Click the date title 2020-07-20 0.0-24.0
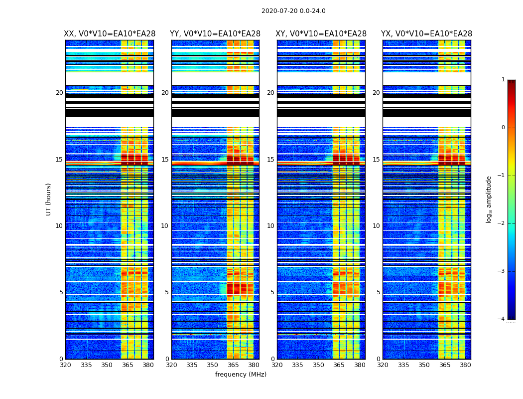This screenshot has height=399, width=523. tap(293, 11)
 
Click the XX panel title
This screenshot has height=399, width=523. tap(110, 34)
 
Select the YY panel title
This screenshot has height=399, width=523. tap(215, 34)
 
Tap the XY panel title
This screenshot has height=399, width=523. tap(321, 34)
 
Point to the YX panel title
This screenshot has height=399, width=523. tap(426, 34)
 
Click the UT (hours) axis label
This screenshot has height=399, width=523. tap(49, 199)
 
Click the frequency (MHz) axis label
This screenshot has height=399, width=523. tap(241, 375)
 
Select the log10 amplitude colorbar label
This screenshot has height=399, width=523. tap(489, 199)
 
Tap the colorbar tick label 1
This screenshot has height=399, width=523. tap(503, 80)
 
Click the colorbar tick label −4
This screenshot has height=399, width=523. tap(502, 319)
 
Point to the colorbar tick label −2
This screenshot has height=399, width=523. tap(502, 223)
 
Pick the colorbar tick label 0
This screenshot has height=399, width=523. tap(503, 128)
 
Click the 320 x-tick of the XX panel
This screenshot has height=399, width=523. tap(65, 365)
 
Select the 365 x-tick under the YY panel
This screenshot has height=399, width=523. tap(233, 365)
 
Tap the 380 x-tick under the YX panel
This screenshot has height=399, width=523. tap(465, 365)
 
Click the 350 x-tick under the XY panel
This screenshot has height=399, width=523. tap(318, 365)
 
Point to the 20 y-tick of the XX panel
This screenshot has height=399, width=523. tap(59, 93)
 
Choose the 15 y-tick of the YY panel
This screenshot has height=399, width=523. tap(165, 160)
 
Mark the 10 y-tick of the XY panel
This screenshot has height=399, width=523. tap(270, 226)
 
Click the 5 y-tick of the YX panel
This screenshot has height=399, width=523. tap(378, 292)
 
